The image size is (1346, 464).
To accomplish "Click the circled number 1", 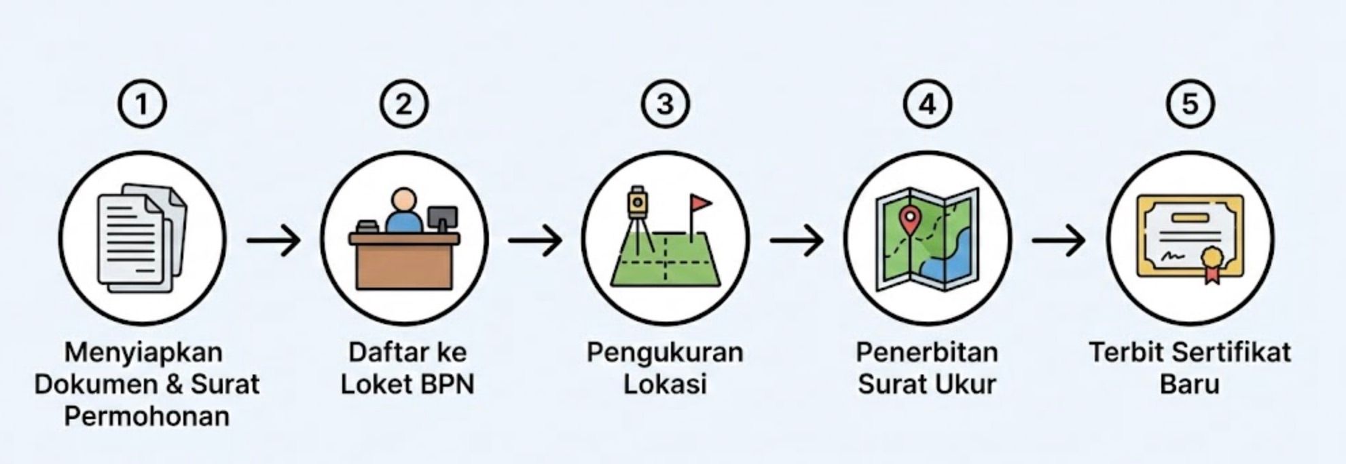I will click(142, 104).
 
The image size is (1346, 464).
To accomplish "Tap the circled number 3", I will click(666, 104).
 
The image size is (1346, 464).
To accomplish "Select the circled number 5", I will click(1190, 104).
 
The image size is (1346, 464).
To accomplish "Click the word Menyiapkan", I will click(143, 353).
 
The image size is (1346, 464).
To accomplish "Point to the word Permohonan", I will click(147, 416).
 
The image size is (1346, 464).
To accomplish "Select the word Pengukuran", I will click(666, 353).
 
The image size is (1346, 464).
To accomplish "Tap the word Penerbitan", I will click(927, 353).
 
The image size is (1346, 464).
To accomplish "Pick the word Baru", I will click(1190, 384).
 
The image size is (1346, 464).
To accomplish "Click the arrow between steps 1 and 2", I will click(273, 240).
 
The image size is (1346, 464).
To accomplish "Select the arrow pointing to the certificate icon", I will click(1058, 240).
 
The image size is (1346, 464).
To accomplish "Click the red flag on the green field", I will click(700, 203).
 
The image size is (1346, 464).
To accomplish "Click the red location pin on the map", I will click(909, 218).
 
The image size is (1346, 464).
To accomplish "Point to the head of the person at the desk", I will click(403, 200).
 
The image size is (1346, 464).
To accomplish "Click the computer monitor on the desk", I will click(443, 218).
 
